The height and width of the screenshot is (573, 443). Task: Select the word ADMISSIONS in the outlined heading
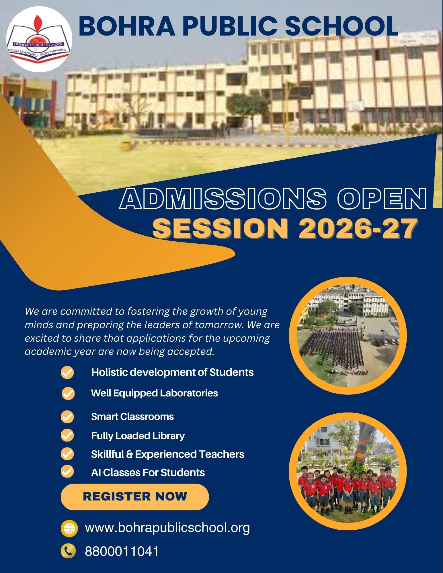click(223, 199)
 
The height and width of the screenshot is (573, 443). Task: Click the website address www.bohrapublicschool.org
click(167, 527)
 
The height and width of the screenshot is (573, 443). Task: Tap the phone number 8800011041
click(122, 552)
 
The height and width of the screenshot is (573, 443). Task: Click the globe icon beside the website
click(69, 528)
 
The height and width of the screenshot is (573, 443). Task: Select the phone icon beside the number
click(68, 551)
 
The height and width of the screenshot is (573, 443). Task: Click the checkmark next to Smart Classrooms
click(67, 416)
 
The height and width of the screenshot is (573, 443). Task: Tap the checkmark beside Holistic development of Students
click(67, 373)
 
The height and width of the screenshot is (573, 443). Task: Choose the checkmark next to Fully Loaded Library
click(67, 435)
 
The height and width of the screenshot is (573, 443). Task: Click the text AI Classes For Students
click(148, 472)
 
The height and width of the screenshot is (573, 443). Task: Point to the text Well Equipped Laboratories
click(155, 393)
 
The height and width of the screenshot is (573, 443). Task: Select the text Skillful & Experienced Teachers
click(168, 454)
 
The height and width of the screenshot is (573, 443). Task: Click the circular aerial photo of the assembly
click(348, 336)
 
